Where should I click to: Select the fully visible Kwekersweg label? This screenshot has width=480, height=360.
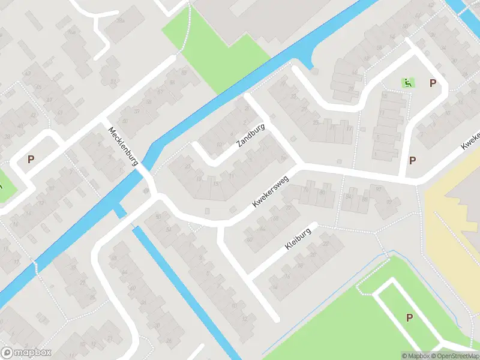[272, 194]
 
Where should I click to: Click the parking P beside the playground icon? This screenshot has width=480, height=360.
[432, 83]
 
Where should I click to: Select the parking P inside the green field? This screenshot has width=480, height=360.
[410, 317]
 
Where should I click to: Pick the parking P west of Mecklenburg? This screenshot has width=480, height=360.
[31, 160]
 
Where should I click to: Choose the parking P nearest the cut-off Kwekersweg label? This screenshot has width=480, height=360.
[413, 160]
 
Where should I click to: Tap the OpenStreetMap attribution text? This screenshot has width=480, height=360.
[459, 355]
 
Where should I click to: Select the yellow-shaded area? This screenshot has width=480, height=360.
[450, 216]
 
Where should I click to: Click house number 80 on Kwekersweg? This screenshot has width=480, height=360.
[322, 192]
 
